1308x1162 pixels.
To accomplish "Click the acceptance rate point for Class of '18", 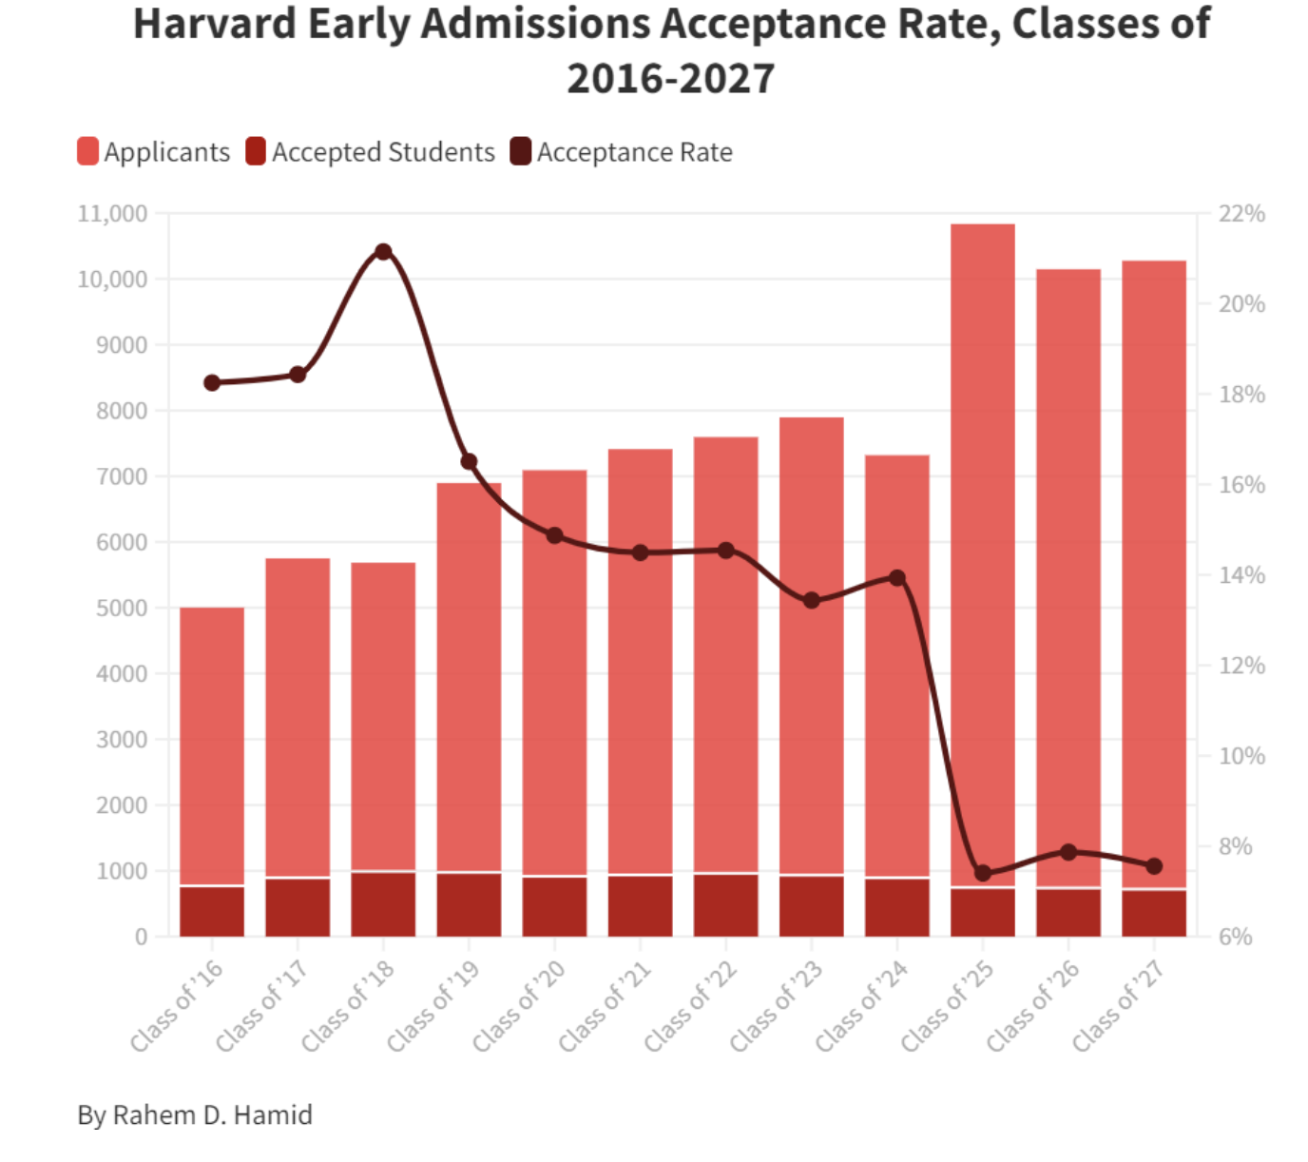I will coord(383,252).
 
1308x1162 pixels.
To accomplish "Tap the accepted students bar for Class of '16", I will coord(212,911).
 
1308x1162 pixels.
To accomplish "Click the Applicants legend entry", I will coord(154,152).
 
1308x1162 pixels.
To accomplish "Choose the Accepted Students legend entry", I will coord(370,152).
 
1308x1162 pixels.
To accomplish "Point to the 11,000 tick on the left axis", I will coord(112,213).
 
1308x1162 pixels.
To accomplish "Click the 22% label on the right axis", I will coord(1241,213).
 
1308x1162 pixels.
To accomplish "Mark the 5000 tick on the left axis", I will coord(122,608).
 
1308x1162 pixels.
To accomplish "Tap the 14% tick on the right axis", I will coord(1241,575).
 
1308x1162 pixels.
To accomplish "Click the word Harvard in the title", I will coord(214,25).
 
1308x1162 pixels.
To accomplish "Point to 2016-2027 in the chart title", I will coord(670,79).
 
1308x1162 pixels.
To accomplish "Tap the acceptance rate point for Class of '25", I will coord(983,873).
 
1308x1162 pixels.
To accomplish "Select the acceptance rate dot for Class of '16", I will coord(212,383).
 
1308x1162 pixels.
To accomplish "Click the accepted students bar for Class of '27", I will coord(1154,913).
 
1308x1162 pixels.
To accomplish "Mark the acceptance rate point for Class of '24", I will coord(896,577).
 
